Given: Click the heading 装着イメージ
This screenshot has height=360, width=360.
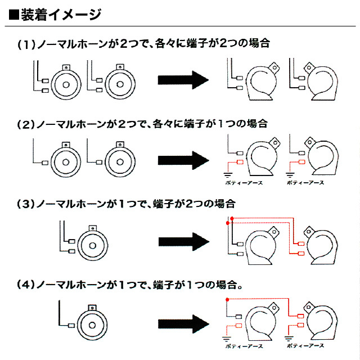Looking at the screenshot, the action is [x=61, y=15].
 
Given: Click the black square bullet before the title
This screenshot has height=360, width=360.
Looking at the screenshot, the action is [x=13, y=15].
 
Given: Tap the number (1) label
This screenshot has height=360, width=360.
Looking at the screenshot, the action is [x=26, y=44].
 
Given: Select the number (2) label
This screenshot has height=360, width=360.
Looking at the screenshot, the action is [x=26, y=124].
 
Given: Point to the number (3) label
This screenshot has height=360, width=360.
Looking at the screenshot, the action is [x=26, y=204].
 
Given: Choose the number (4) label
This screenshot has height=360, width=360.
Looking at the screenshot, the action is [x=26, y=285].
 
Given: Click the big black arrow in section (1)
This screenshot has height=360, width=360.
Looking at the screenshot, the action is [x=183, y=80].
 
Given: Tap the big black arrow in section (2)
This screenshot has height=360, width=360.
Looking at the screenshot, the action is [x=183, y=160].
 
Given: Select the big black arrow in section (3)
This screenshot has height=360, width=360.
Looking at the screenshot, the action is [x=184, y=242].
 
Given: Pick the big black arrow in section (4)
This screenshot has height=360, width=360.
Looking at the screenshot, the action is [x=183, y=324].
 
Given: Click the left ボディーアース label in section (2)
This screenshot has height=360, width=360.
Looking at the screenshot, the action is [x=244, y=183].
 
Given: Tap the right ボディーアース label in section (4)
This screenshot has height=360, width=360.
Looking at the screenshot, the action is [x=305, y=345].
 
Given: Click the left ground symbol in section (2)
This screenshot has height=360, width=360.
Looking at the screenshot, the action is [x=227, y=175].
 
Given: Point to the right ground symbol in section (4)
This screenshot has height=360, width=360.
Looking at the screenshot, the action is [x=289, y=339].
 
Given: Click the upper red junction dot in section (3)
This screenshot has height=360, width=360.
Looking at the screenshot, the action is [x=232, y=218].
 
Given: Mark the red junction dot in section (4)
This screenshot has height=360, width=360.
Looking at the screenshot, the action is [x=227, y=300].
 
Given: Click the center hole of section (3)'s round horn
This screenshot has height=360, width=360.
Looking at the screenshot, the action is [x=92, y=246].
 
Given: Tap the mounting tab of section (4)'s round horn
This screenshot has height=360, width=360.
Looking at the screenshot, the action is [x=92, y=308].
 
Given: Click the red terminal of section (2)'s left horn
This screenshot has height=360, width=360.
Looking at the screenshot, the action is [x=240, y=163].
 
